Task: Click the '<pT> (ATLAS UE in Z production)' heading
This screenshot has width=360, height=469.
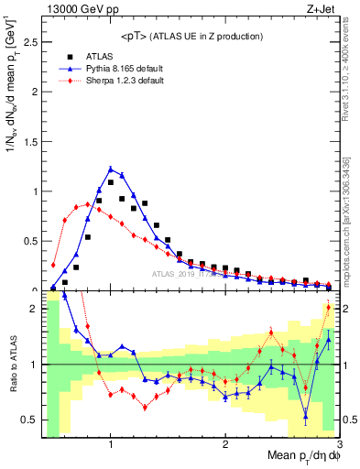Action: pyautogui.click(x=191, y=36)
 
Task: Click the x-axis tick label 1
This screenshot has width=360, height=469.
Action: pyautogui.click(x=111, y=444)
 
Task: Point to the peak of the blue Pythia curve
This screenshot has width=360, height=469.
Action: pyautogui.click(x=111, y=169)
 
